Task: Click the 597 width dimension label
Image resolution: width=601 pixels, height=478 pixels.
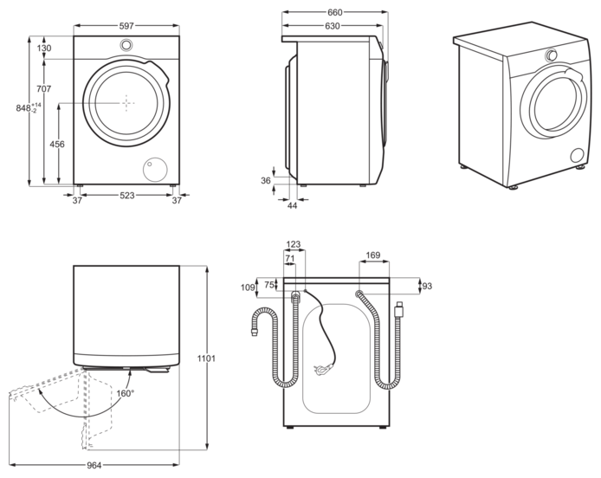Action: point(126,26)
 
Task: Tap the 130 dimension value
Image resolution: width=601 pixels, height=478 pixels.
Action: point(44,48)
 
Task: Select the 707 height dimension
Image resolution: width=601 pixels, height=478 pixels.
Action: point(43,89)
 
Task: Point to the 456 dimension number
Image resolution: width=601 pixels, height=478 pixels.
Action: point(57,144)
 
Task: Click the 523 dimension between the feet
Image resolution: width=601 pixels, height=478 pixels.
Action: point(127,196)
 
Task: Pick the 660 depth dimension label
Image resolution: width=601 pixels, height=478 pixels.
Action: point(334,13)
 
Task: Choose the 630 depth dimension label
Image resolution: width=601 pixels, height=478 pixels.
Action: point(333,26)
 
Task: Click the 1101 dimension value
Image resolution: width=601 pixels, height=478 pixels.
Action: point(206,358)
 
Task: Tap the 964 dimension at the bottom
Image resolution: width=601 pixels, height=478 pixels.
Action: point(94,465)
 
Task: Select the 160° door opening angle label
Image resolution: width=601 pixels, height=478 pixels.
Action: point(126,394)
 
